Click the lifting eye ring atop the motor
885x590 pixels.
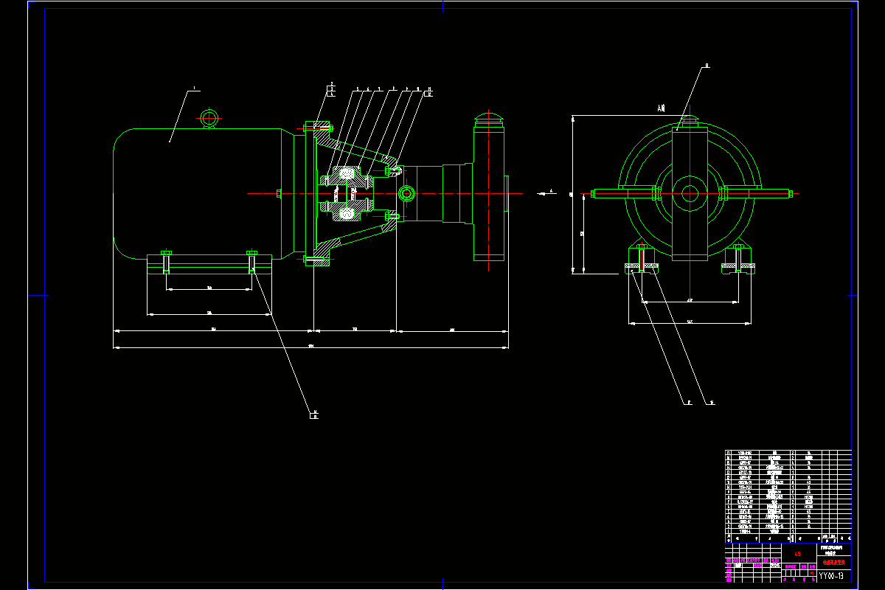coord(209,117)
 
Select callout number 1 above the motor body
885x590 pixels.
coord(195,89)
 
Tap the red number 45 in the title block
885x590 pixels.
coord(798,553)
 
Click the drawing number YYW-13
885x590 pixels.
coord(831,575)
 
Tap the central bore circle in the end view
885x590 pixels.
coord(690,194)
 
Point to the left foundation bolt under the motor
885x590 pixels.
coord(166,261)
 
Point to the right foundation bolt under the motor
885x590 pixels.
coord(252,261)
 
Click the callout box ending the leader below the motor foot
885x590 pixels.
coord(314,414)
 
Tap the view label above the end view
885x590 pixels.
coord(661,108)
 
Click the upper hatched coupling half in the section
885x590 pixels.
coord(346,174)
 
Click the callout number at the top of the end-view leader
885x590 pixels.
coord(706,66)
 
